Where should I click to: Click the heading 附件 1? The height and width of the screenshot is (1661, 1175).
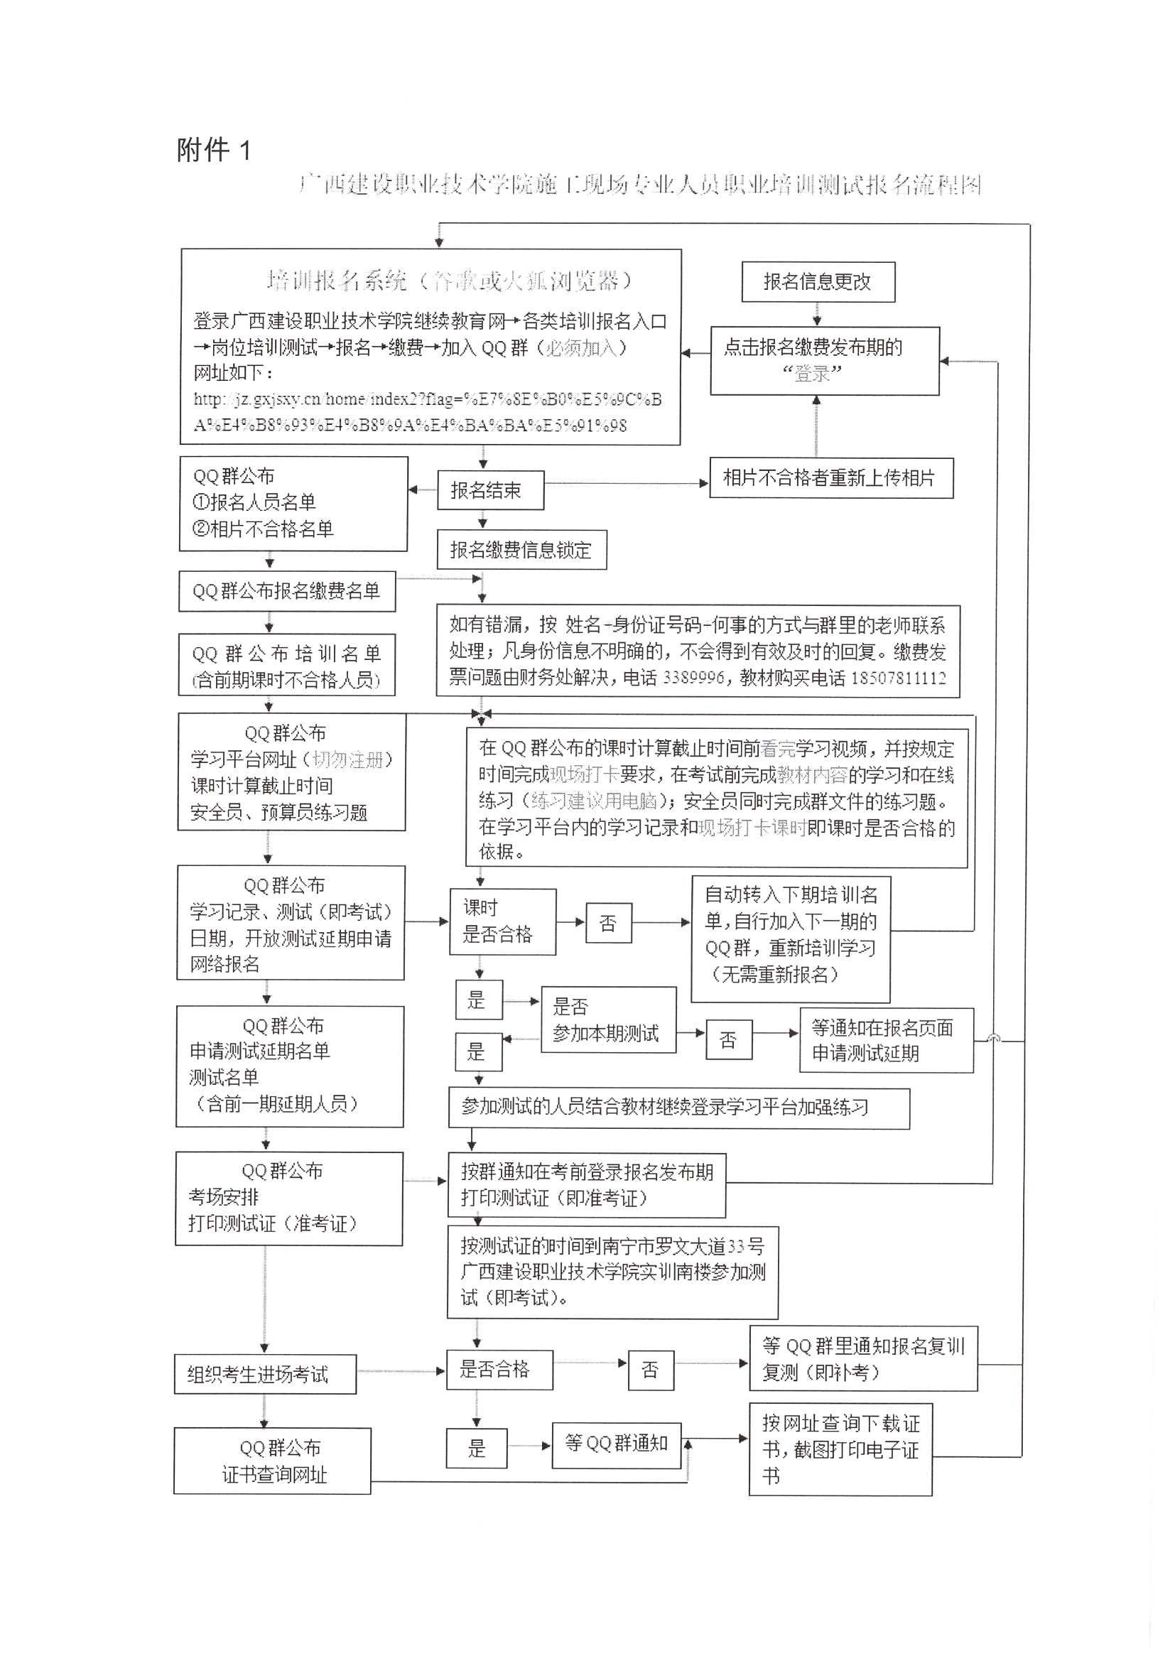coord(213,150)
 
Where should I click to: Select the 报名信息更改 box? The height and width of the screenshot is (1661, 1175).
coord(818,281)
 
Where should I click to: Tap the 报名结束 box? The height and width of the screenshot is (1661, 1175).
coord(490,490)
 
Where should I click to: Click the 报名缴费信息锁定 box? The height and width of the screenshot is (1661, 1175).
coord(521,550)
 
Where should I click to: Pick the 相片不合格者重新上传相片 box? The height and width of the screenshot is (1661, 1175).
coord(830,477)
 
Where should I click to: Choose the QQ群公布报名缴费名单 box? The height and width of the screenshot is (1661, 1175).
coord(286,591)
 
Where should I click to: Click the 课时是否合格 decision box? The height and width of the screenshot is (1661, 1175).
coord(502,921)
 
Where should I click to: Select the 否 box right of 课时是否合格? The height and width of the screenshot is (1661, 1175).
coord(608,922)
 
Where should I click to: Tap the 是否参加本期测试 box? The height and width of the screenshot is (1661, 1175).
coord(608,1019)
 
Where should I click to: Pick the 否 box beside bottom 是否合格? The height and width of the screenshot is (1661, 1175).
coord(650,1370)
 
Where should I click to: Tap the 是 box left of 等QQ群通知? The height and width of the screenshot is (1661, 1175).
coord(476,1448)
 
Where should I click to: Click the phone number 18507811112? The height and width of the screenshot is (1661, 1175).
coord(898,678)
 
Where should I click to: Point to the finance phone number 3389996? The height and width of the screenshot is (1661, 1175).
coord(693,678)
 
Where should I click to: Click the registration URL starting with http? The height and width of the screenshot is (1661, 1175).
coord(427,411)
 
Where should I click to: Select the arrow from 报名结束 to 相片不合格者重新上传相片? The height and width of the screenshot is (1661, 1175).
coord(626,483)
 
